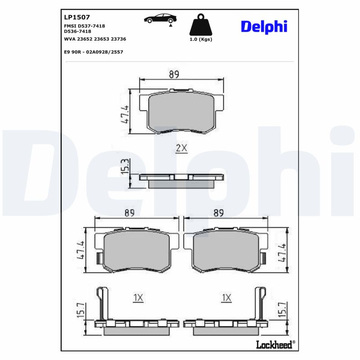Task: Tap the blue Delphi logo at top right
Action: [264, 27]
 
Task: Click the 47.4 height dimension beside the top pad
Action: [125, 113]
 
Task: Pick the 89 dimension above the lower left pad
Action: [130, 214]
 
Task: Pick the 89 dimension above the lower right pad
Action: [219, 214]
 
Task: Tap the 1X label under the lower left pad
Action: [138, 297]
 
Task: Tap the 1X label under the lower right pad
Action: [226, 297]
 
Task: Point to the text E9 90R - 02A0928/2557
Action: [94, 52]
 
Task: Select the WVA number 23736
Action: [117, 39]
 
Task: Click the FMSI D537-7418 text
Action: [85, 26]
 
